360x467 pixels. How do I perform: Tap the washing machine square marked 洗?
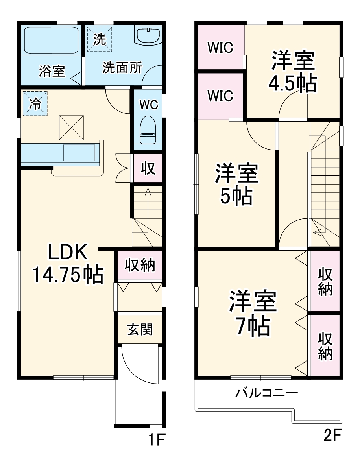(x=100, y=38)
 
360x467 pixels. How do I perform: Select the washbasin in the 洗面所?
(x=148, y=36)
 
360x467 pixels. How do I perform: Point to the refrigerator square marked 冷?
(x=35, y=103)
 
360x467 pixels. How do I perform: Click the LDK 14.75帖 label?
(x=67, y=264)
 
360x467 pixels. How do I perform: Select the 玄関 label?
(x=140, y=329)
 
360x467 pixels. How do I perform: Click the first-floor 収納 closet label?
(x=140, y=266)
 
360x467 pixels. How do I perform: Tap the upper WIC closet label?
(x=221, y=48)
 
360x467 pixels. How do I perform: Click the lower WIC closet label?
(x=221, y=96)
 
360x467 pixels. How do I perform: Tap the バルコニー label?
(x=267, y=393)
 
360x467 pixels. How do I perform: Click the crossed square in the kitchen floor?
(x=71, y=127)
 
